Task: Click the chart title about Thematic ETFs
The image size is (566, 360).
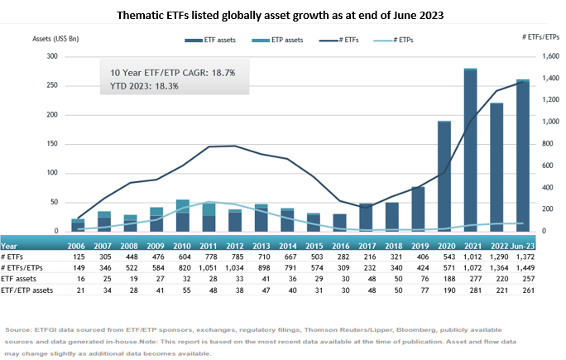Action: tap(282, 14)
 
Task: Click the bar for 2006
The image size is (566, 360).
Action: tap(79, 225)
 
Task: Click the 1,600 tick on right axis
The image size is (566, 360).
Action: tap(540, 56)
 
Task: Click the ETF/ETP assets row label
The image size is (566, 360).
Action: tap(27, 292)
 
